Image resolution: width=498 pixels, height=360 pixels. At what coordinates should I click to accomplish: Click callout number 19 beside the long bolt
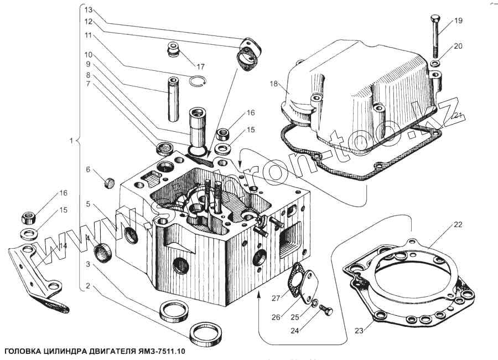[458, 22]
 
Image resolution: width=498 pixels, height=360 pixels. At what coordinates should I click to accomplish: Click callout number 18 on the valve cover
[273, 84]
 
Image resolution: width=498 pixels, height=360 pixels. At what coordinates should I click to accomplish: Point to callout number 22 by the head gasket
[458, 224]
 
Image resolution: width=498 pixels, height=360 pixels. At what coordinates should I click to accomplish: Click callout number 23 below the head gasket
[359, 331]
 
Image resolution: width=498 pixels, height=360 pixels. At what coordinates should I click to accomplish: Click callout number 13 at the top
[88, 10]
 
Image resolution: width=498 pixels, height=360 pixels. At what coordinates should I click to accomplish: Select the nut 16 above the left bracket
[29, 214]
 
